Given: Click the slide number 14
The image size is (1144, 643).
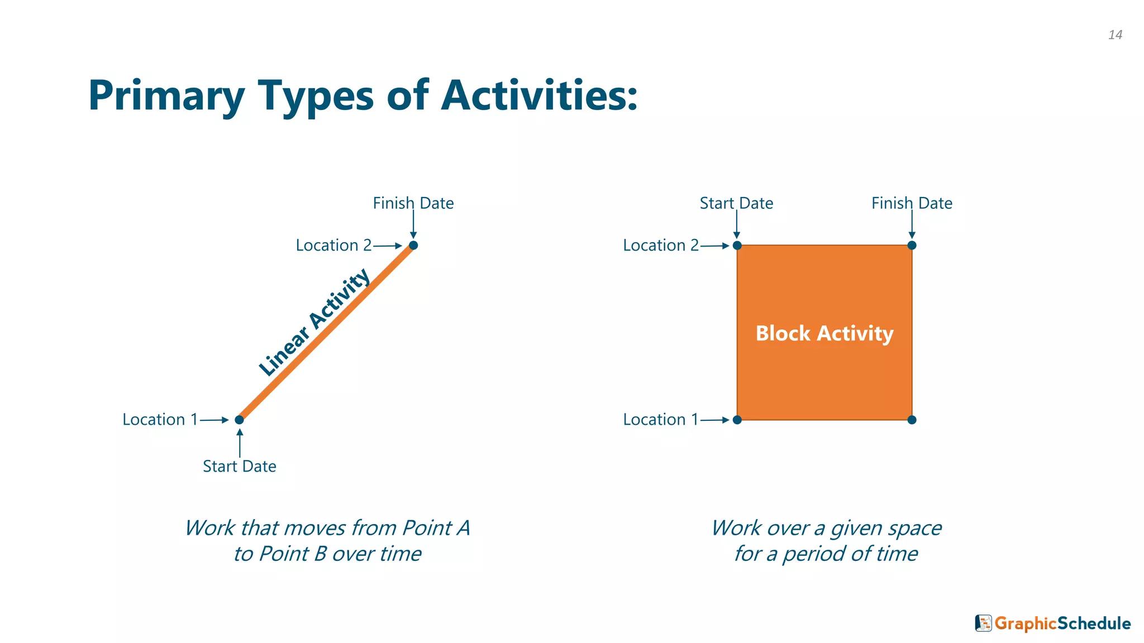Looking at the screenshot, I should (x=1115, y=35).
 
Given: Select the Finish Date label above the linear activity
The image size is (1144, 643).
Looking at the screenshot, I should (x=413, y=203).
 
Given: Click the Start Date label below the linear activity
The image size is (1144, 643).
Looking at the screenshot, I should (x=239, y=467).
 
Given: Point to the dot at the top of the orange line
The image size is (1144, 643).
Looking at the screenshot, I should (x=413, y=246).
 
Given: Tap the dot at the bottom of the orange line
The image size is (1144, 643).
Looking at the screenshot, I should (x=239, y=420).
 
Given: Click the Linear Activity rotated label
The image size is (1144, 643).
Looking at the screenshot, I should (x=314, y=323).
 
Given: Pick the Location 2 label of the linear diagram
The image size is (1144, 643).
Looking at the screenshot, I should (x=333, y=246).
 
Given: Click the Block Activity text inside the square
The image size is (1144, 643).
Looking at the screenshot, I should (x=824, y=333).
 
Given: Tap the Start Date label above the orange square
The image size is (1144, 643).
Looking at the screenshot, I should (x=736, y=203).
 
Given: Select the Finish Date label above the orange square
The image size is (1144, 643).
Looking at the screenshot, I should (x=912, y=203).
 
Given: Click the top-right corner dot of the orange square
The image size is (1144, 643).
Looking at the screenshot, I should (x=912, y=246).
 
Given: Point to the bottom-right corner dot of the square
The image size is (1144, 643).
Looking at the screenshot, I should (x=912, y=420).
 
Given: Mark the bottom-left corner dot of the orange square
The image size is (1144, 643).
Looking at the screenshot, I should (x=737, y=420).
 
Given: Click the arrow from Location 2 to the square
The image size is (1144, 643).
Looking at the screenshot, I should (x=715, y=246).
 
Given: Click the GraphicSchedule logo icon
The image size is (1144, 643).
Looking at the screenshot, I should (x=983, y=623).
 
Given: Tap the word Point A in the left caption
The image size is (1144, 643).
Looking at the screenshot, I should (x=436, y=528).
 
